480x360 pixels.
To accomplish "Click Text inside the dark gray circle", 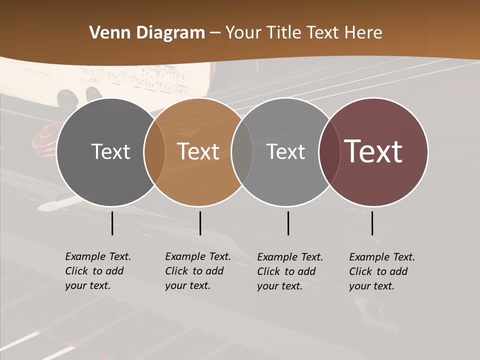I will (x=110, y=151).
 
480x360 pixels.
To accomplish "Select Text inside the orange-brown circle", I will (x=198, y=151).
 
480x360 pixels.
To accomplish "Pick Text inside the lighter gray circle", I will (x=285, y=151).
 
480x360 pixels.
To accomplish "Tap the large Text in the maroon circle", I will (x=373, y=151).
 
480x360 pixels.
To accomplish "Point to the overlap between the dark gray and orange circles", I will (x=154, y=151).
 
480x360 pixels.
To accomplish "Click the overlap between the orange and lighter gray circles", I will (x=242, y=151).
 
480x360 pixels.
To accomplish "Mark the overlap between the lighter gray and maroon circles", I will (x=329, y=151).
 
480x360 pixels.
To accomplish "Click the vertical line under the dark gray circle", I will (x=112, y=223).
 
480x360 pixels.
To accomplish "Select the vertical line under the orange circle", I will (x=200, y=223).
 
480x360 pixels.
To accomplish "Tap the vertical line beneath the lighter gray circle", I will (x=288, y=223).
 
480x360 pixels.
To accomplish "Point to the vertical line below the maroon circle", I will (x=372, y=223).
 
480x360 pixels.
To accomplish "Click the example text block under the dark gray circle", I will (x=97, y=271).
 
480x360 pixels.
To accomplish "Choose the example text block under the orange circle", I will (x=197, y=271).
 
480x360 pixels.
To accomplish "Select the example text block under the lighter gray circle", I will (x=289, y=271).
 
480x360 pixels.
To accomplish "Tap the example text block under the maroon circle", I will (x=381, y=271).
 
